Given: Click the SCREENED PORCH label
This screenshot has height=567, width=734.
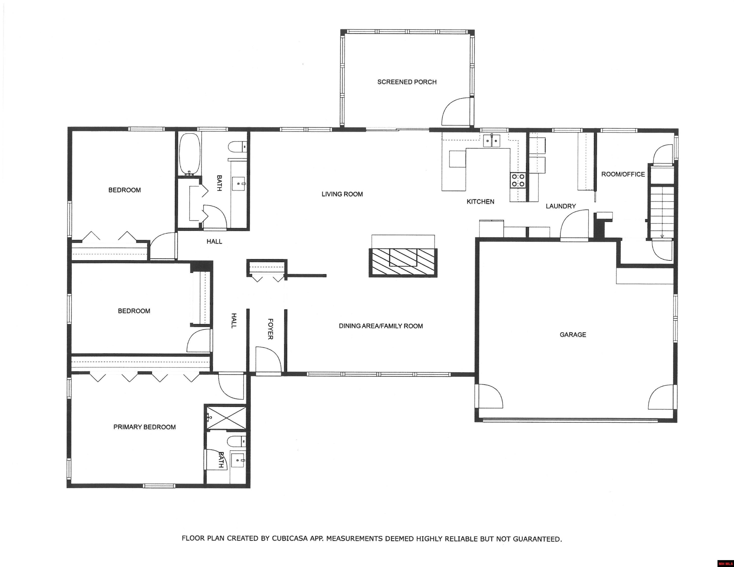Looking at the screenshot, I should click(x=407, y=82).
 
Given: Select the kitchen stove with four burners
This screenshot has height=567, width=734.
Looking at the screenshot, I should click(x=518, y=180).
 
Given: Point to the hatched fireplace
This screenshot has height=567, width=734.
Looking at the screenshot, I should click(x=403, y=263).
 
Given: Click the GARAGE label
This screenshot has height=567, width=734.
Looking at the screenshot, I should click(x=573, y=334).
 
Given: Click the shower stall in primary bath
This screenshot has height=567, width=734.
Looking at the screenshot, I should click(x=226, y=417).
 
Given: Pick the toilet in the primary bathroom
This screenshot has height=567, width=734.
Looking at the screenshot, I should click(x=237, y=441).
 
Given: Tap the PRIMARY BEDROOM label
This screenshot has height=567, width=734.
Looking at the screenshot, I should click(x=145, y=427).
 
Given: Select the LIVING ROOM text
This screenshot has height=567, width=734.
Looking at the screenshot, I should click(x=342, y=194).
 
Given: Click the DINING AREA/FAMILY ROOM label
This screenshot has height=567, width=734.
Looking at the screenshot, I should click(x=381, y=326).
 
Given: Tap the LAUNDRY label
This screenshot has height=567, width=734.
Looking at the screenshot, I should click(x=561, y=206).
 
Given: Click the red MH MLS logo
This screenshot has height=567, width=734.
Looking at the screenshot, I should click(x=725, y=563).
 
